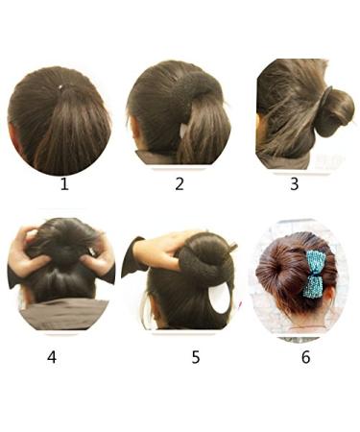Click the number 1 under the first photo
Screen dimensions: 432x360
click(x=64, y=183)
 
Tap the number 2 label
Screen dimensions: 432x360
click(x=180, y=183)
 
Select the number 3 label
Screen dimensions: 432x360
click(x=295, y=182)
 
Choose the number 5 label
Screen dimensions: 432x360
click(x=196, y=357)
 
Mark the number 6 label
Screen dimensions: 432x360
click(x=305, y=357)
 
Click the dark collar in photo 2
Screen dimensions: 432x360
click(x=154, y=156)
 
